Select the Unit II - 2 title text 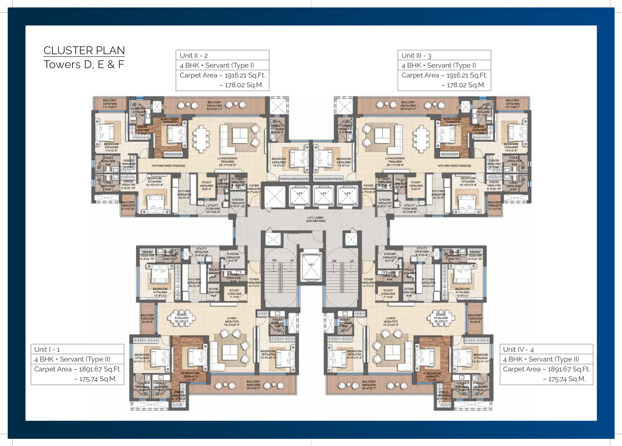[x=194, y=56]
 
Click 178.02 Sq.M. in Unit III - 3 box [x=466, y=85]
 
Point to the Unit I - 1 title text [x=47, y=350]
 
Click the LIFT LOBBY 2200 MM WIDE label [x=315, y=219]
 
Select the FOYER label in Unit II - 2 [x=254, y=186]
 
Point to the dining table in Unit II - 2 [x=202, y=136]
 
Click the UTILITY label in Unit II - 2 [x=213, y=205]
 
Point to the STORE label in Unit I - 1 [x=213, y=289]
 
